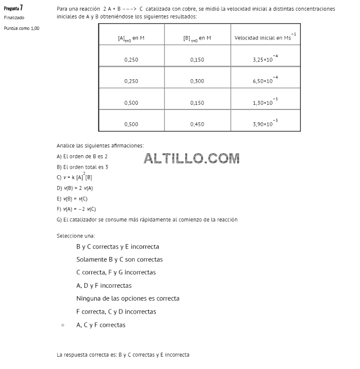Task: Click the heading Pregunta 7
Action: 13,8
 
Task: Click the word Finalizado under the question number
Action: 14,17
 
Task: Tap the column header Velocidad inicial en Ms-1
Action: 265,37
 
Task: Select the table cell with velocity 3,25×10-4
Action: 265,59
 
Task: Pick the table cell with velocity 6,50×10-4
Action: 265,81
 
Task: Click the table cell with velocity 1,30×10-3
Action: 265,102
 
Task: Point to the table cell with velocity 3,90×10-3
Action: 265,124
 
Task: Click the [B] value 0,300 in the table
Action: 197,81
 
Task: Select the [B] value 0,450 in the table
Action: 197,124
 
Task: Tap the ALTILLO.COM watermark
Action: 192,158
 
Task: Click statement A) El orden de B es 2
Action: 82,156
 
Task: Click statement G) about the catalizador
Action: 147,219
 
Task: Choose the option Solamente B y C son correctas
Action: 119,260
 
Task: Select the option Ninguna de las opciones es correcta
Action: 128,299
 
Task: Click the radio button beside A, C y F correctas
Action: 63,325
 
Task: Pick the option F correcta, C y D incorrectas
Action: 116,312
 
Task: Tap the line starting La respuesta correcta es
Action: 123,355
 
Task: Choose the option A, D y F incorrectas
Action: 104,286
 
